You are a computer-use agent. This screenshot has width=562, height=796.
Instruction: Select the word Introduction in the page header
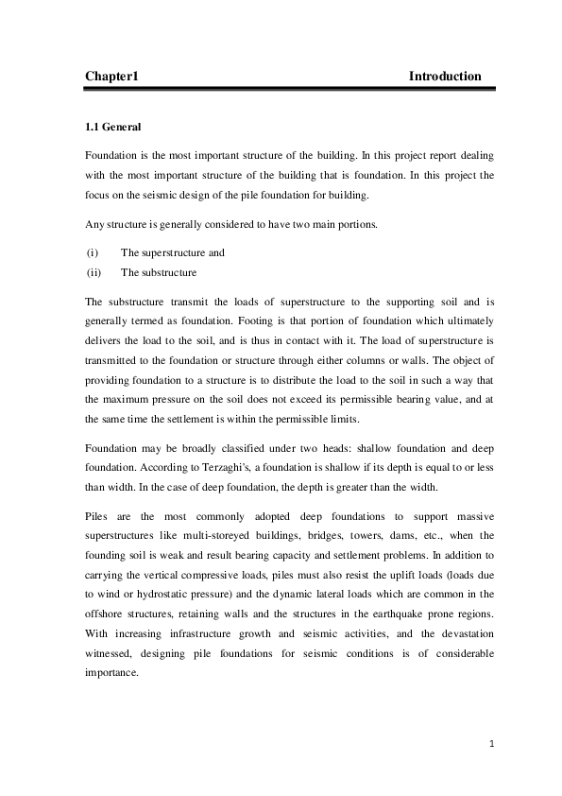coord(445,77)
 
